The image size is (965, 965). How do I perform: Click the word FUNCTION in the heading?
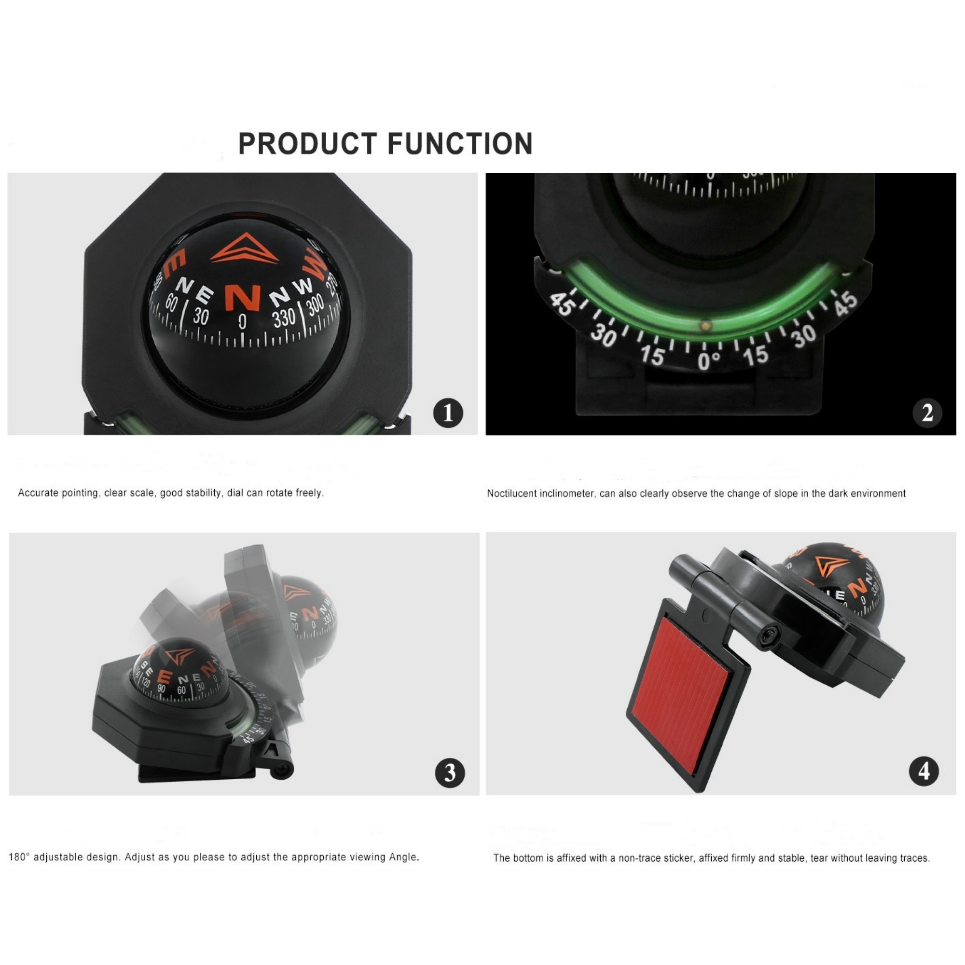(x=460, y=144)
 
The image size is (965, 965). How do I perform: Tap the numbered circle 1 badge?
(x=448, y=413)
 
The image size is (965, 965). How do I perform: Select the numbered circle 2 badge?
(x=927, y=413)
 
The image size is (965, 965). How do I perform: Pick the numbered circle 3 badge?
(x=450, y=772)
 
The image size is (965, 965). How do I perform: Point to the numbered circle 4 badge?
(x=924, y=771)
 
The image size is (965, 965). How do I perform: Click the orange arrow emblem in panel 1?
(x=244, y=248)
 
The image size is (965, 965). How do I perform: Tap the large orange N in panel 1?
(x=243, y=298)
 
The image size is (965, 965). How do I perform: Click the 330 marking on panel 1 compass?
(x=284, y=318)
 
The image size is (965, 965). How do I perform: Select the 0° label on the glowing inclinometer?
(x=709, y=360)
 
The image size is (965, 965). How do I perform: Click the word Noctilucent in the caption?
(x=511, y=494)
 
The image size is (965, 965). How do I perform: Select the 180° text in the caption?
(x=19, y=857)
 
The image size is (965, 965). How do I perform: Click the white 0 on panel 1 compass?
(x=242, y=322)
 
